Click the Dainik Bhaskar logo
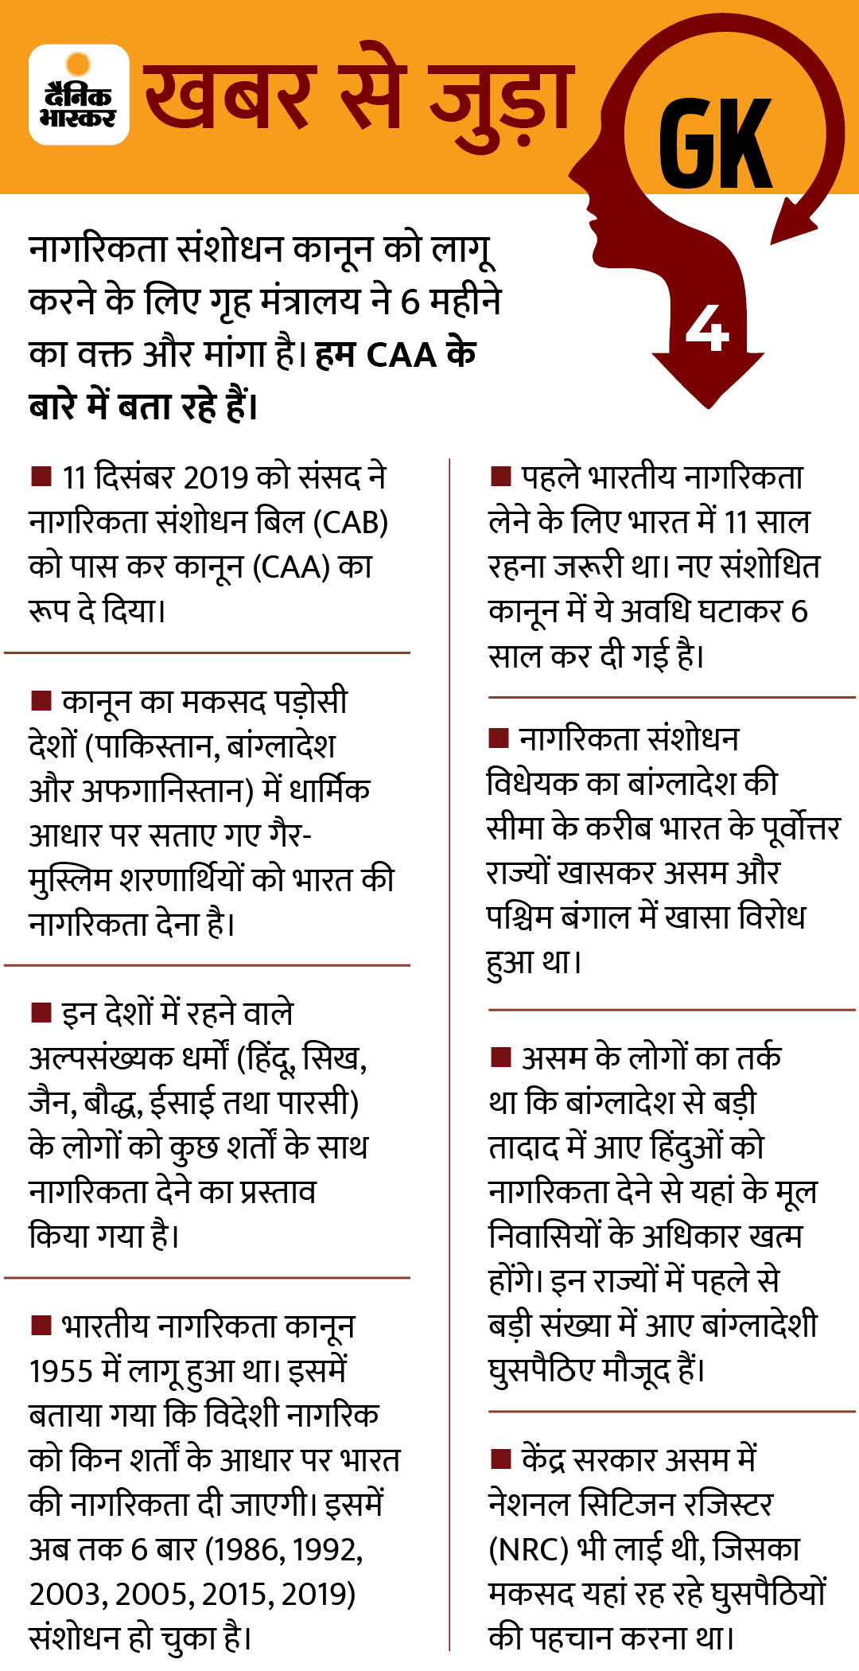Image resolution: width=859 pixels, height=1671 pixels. click(79, 95)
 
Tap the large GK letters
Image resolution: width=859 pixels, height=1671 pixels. click(715, 144)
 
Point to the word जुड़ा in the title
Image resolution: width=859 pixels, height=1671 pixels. click(500, 99)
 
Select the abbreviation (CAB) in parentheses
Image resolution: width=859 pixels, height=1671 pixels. click(350, 522)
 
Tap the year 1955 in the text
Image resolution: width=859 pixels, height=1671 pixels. click(61, 1371)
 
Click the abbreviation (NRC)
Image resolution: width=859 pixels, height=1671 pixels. click(528, 1549)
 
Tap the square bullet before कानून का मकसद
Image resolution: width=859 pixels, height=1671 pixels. click(40, 700)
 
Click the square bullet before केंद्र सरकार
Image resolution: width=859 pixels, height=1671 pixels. click(500, 1459)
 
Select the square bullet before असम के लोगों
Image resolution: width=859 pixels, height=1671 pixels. click(500, 1058)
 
